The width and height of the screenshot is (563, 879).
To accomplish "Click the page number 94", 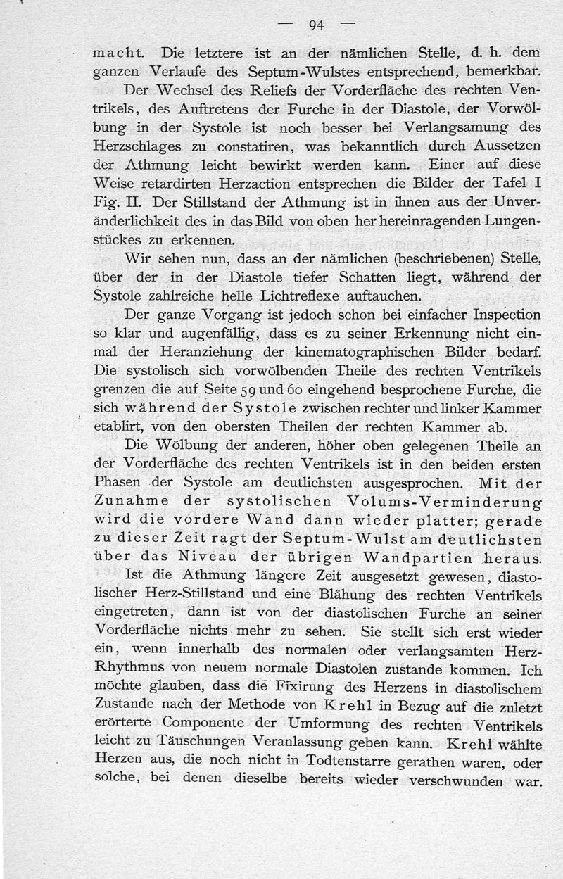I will (x=315, y=25).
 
